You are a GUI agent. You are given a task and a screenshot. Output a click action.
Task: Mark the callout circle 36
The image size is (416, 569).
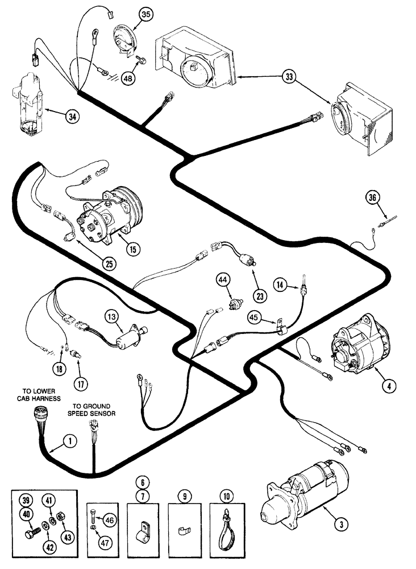[x=372, y=197]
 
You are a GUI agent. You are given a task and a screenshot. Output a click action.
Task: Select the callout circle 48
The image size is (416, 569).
[x=128, y=78]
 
